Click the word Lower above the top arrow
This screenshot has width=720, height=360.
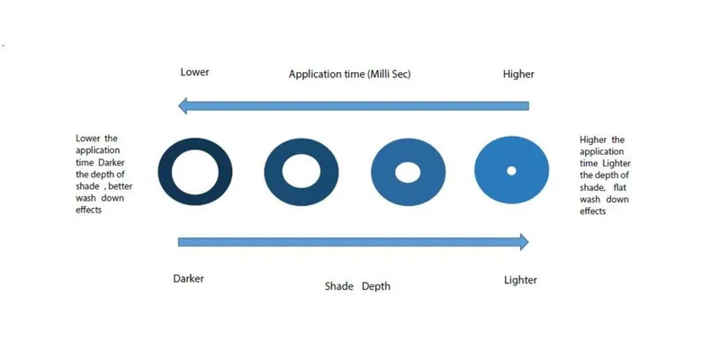tap(194, 73)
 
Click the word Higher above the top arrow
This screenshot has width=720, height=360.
tap(518, 73)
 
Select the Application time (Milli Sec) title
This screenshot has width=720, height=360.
tap(349, 74)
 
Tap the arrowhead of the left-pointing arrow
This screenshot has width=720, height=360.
tap(184, 106)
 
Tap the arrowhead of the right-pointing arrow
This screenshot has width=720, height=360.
tap(522, 241)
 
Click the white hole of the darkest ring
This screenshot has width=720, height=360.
tap(195, 171)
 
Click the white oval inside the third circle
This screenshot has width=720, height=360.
tap(408, 171)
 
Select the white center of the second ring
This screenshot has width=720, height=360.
tap(301, 171)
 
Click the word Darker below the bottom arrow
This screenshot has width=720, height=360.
tap(188, 278)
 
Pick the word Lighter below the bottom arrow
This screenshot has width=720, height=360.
tap(520, 280)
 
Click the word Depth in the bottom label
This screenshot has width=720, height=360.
tap(376, 286)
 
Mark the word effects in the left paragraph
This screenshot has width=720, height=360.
tap(89, 209)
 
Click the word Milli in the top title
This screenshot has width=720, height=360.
tap(382, 74)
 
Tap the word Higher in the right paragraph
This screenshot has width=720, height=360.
tap(595, 140)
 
